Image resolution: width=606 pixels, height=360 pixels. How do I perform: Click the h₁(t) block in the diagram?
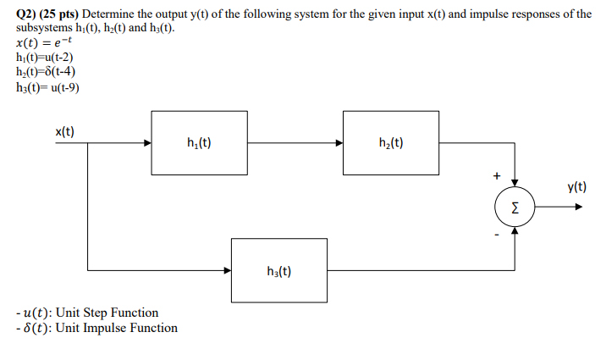(x=199, y=142)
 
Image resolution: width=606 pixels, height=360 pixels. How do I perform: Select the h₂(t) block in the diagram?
(x=391, y=142)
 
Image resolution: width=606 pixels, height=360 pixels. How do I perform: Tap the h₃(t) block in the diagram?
(x=278, y=271)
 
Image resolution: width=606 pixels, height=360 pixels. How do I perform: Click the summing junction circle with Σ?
(x=515, y=206)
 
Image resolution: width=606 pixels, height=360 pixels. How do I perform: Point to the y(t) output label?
(x=578, y=188)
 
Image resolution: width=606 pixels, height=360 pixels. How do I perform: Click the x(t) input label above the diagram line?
(x=65, y=131)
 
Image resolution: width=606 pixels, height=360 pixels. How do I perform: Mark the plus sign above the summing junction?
(x=497, y=175)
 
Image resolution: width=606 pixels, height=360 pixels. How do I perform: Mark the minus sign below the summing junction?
(x=497, y=235)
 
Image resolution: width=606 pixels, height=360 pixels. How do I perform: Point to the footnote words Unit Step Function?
(x=106, y=313)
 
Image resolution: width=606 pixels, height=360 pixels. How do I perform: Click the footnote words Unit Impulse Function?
(x=116, y=328)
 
